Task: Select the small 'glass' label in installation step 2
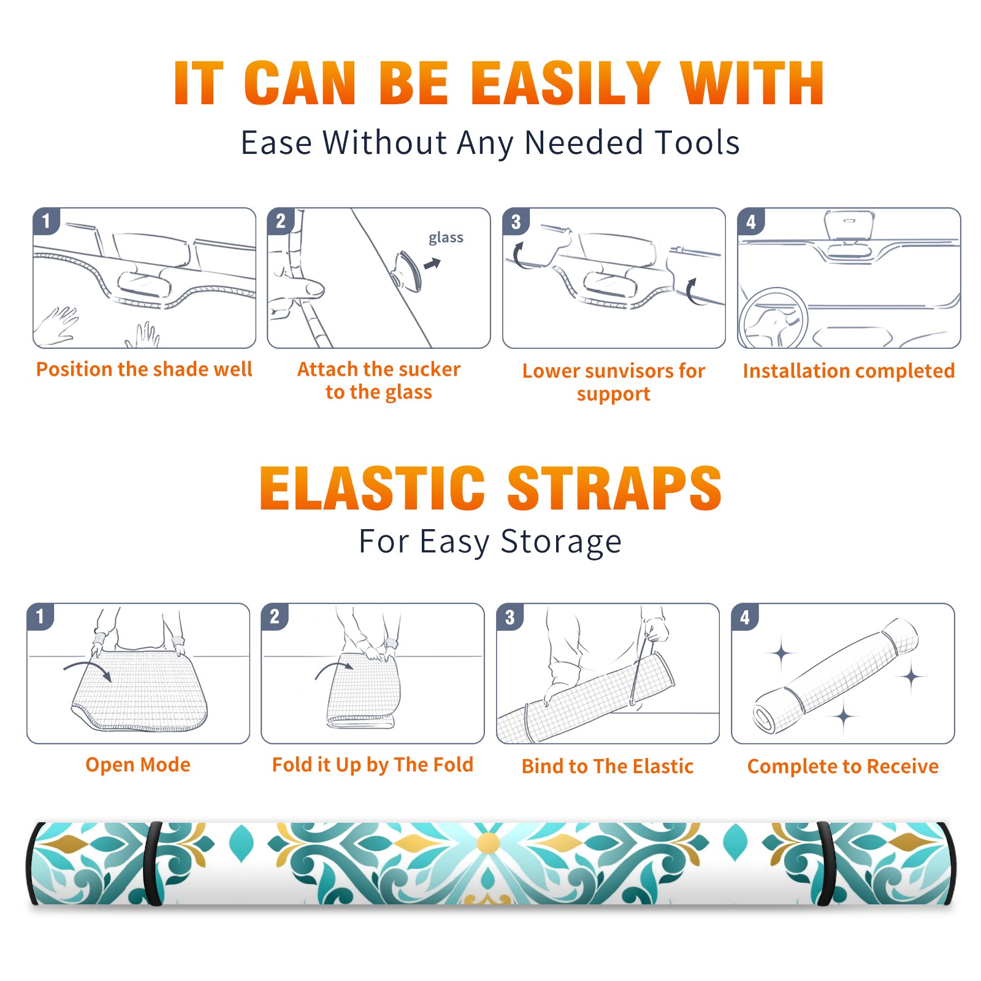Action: click(446, 238)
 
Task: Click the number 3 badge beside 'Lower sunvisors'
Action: click(516, 221)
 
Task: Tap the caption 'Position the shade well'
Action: click(144, 369)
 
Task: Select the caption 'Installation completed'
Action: click(849, 371)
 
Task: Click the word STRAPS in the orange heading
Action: click(614, 488)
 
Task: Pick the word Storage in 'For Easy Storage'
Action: click(561, 542)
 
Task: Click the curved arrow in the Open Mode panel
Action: click(88, 670)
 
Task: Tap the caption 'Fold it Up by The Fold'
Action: click(373, 765)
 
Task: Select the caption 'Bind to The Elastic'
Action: click(608, 766)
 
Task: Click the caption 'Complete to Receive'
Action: click(843, 766)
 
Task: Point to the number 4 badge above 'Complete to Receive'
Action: click(745, 617)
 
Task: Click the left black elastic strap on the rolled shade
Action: click(153, 864)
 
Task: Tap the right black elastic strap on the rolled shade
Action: click(826, 864)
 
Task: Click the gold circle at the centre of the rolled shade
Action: click(489, 843)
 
